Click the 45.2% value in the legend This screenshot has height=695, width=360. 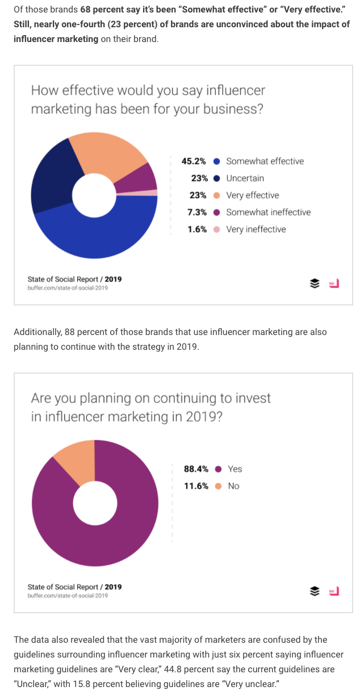(x=194, y=161)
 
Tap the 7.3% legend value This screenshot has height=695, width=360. (x=197, y=212)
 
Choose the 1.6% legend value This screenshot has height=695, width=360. (x=197, y=229)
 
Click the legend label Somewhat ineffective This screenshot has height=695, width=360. (x=269, y=212)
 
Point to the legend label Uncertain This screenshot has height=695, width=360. (x=245, y=178)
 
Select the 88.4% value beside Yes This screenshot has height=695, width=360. (x=196, y=469)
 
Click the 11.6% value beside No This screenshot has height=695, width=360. (x=196, y=486)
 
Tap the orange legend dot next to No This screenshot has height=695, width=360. (x=218, y=486)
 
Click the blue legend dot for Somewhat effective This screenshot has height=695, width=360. (x=216, y=161)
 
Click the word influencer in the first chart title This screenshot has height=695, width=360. (x=235, y=91)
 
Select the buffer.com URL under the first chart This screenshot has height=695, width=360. (x=68, y=288)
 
